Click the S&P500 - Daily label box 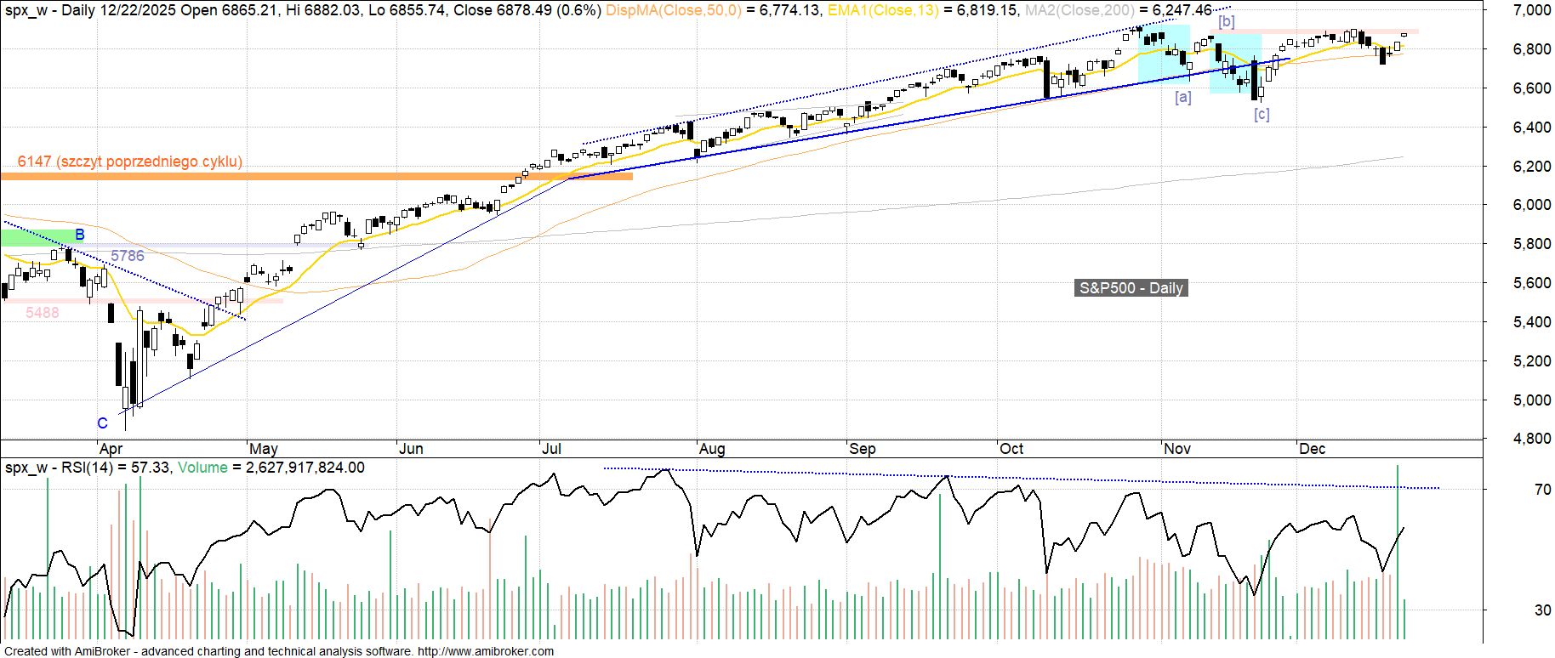[x=1131, y=288]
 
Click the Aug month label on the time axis [x=711, y=449]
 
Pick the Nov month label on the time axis [x=1177, y=449]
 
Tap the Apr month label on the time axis [x=111, y=449]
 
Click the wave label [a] [x=1182, y=98]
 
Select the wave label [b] [x=1226, y=21]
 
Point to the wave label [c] [x=1262, y=115]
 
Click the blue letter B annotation [x=79, y=235]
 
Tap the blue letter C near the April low [x=102, y=423]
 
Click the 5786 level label [x=128, y=256]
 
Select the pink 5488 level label [x=43, y=313]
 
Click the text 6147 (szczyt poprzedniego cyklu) [x=129, y=162]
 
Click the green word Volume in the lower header [x=202, y=468]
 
